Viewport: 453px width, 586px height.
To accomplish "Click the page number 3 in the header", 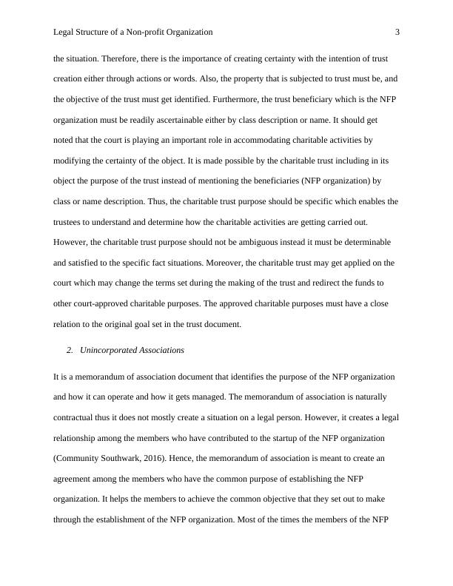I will point(397,33).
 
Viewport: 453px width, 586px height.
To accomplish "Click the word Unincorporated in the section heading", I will point(110,350).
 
